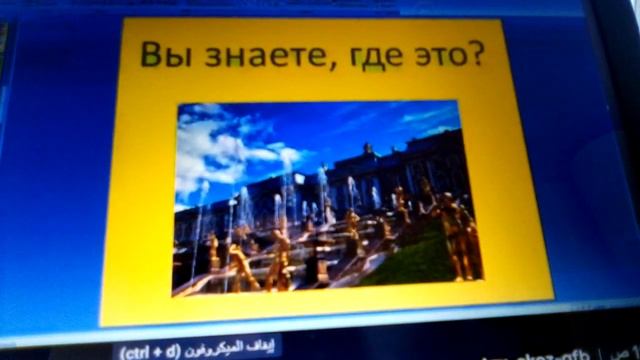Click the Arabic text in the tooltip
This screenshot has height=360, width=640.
coord(227,351)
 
